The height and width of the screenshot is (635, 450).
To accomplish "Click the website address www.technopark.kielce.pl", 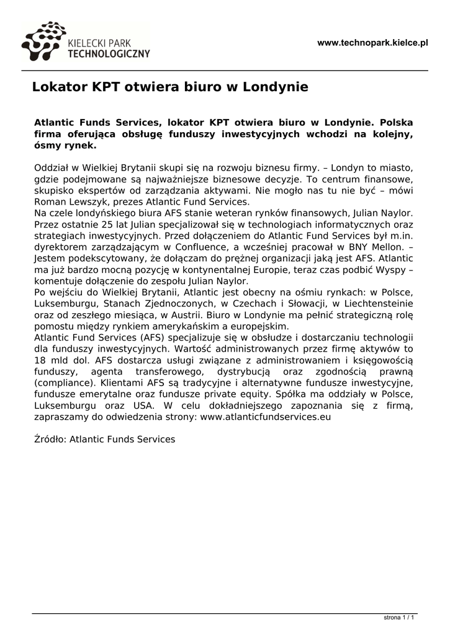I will tap(372, 43).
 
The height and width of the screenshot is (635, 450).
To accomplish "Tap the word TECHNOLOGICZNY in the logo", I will tap(109, 53).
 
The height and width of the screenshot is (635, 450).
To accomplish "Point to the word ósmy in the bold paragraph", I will tap(47, 146).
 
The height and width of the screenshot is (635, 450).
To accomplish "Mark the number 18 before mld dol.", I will tap(40, 359).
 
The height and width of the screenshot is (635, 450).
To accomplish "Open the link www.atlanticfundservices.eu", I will tap(266, 416).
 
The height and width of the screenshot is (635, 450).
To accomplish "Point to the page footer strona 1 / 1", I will tap(399, 618).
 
